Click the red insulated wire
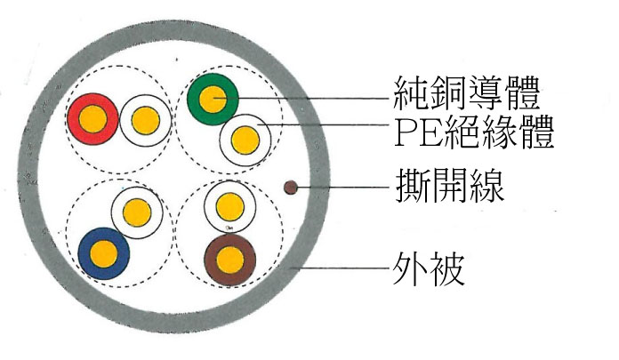tap(92, 119)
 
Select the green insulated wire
tap(213, 99)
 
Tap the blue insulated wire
tap(104, 253)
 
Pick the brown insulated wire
tap(230, 260)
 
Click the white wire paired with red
tap(146, 120)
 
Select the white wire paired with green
tap(245, 140)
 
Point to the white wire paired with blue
tap(137, 212)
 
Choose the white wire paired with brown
tap(230, 207)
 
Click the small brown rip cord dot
tap(291, 188)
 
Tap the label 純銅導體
tap(467, 94)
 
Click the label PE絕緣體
tap(474, 132)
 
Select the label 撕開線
tap(450, 185)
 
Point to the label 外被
tap(428, 269)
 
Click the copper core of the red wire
tap(92, 119)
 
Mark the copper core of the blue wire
tap(104, 253)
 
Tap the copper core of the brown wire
tap(230, 260)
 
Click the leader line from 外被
tap(341, 268)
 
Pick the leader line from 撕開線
tap(343, 187)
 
